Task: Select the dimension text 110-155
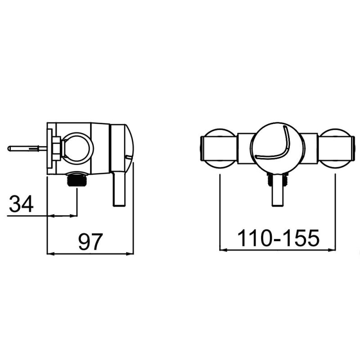coord(278,238)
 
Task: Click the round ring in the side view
coord(77,146)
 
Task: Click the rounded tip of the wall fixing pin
coord(10,148)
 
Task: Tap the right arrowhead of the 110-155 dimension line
coord(333,249)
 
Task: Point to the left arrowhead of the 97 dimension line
coord(50,254)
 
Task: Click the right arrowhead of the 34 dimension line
coord(75,216)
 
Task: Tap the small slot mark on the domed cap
coord(129,157)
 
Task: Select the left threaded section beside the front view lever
coord(270,180)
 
